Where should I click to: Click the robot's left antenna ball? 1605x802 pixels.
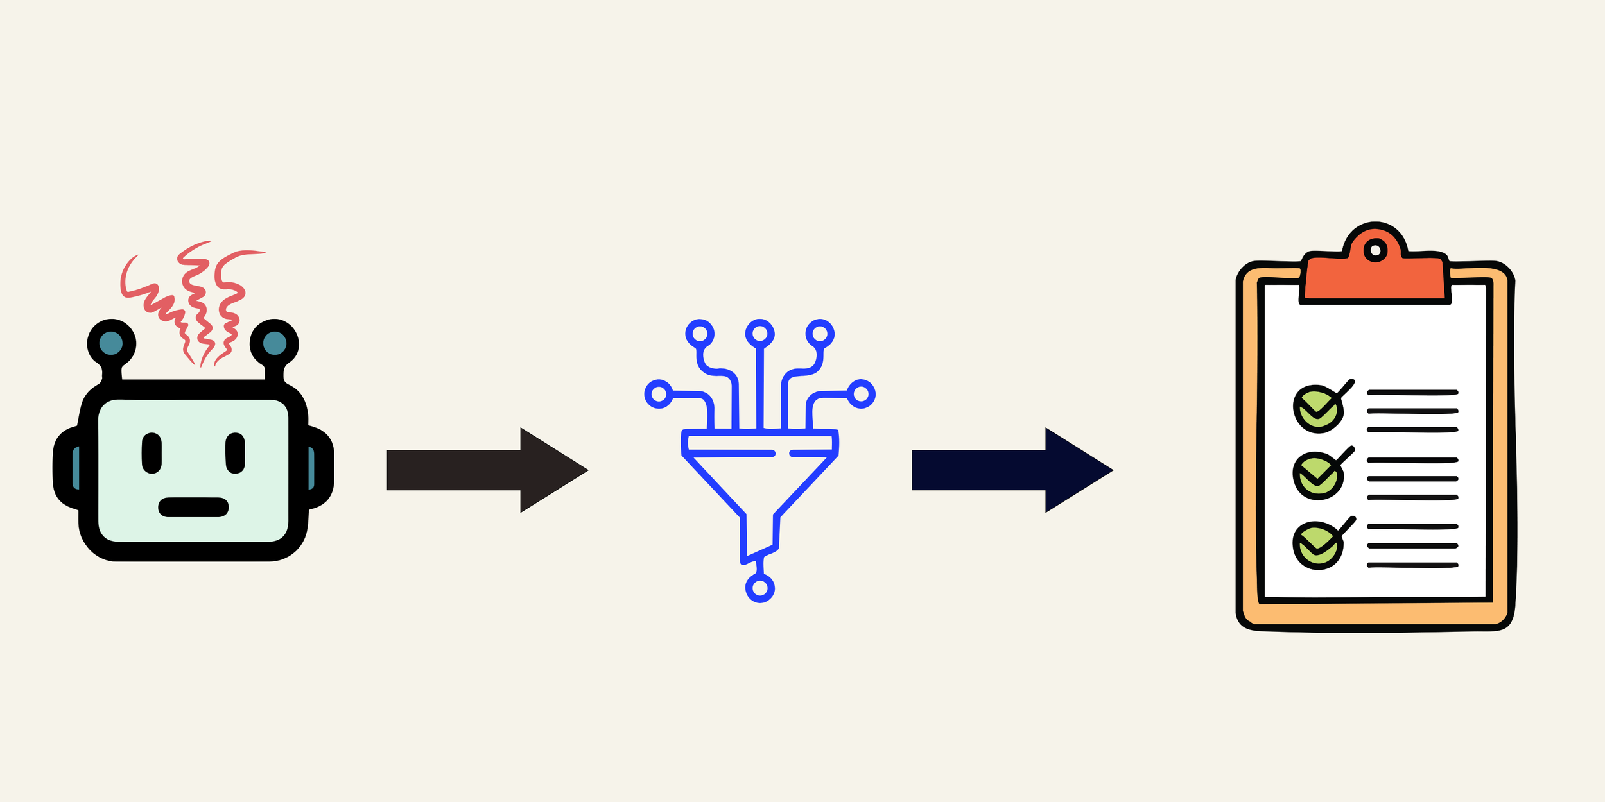[111, 343]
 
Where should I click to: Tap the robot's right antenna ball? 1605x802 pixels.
[274, 343]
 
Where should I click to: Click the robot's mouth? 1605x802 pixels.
[193, 507]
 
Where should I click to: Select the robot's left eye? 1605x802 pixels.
[152, 453]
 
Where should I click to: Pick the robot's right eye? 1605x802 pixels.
[235, 453]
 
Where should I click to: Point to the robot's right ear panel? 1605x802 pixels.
[311, 468]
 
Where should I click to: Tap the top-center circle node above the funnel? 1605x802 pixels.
[760, 334]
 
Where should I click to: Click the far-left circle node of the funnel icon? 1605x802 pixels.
[659, 395]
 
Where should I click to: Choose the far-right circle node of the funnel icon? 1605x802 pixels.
[862, 394]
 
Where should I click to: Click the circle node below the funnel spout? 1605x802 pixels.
[760, 588]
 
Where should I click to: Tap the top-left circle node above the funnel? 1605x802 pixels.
[700, 334]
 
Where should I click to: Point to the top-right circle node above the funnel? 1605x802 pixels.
[820, 334]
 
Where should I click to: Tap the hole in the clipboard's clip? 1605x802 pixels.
[1375, 250]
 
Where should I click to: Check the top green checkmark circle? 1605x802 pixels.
[1317, 409]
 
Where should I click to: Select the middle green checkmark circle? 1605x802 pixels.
[1317, 475]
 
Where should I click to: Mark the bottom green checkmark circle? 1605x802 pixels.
[1317, 545]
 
